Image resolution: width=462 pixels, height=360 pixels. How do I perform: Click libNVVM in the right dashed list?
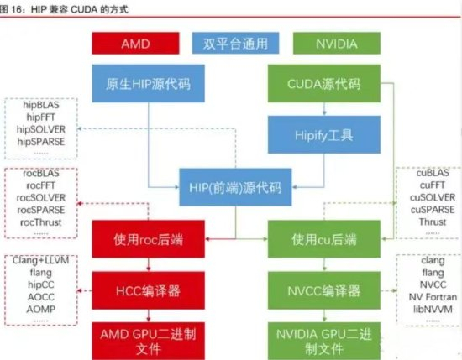(x=426, y=308)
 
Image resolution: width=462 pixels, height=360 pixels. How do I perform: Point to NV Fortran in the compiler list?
(x=426, y=296)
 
